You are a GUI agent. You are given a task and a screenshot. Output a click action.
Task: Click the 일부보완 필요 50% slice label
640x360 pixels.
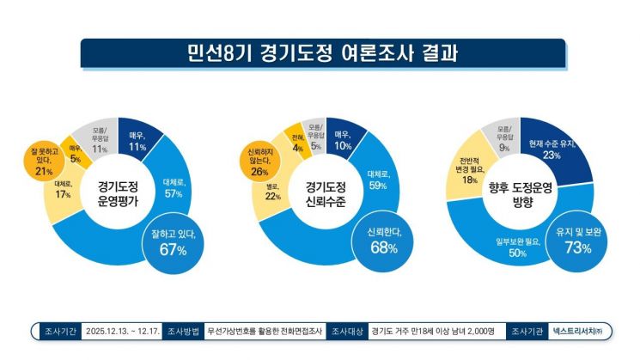pos(518,247)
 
